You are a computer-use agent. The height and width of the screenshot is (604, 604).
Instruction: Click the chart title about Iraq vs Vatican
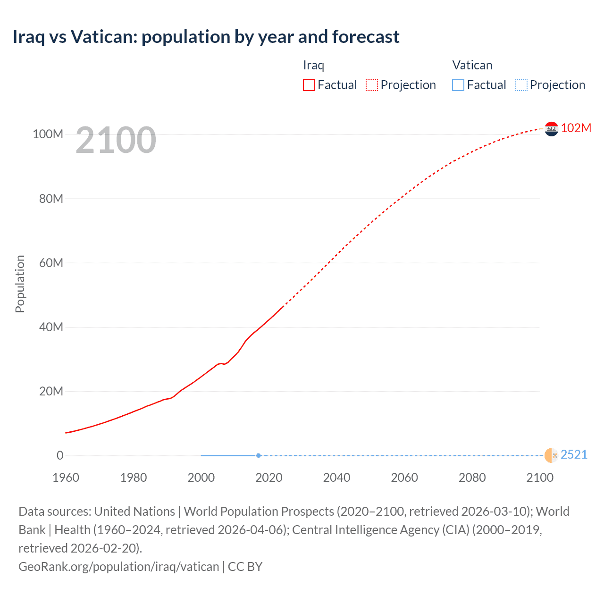206,37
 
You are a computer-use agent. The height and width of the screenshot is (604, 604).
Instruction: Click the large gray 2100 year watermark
116,140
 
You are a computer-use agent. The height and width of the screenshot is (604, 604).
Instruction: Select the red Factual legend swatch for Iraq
309,85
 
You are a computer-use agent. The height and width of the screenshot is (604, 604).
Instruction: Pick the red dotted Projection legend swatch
372,85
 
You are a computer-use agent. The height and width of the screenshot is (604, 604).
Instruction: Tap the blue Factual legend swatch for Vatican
458,85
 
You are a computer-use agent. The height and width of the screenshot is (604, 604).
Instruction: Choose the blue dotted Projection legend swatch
521,85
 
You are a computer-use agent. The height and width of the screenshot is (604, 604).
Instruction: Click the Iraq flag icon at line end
551,129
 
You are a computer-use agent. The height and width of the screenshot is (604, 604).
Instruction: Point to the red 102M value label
576,128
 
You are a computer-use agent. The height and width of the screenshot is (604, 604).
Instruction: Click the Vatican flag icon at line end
551,455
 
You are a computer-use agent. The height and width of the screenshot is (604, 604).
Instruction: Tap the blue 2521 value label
574,454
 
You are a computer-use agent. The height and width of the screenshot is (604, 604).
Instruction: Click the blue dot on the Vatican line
259,455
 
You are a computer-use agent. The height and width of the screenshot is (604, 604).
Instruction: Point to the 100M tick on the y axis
48,134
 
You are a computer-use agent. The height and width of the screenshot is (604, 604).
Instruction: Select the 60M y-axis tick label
51,263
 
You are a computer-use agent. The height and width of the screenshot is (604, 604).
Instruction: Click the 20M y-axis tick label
51,391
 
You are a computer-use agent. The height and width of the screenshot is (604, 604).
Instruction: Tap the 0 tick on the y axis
60,455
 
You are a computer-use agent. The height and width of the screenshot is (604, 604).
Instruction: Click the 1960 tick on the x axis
66,478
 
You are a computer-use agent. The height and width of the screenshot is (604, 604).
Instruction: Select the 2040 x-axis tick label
336,478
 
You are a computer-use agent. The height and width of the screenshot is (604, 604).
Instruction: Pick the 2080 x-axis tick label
472,478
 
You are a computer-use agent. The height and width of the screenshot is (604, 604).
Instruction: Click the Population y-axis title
20,284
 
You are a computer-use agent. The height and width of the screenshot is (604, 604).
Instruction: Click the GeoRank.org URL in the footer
119,567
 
